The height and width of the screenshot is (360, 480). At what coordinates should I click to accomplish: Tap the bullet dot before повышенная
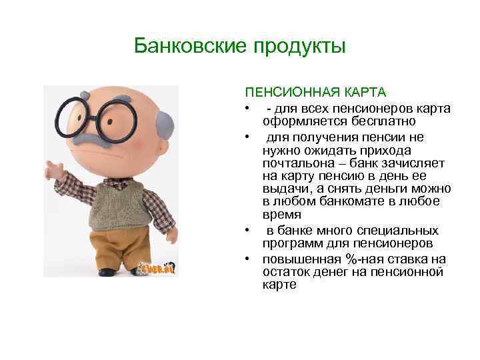point(247,259)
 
